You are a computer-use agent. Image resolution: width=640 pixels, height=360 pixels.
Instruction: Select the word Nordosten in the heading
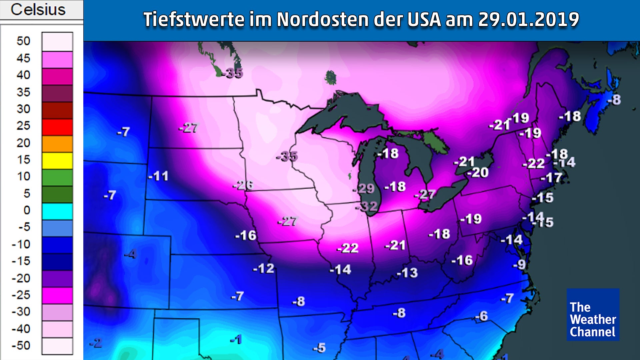point(322,19)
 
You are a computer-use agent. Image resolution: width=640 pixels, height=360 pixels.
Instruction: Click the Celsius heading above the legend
point(38,9)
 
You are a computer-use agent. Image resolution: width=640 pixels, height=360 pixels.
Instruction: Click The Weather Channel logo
point(593,314)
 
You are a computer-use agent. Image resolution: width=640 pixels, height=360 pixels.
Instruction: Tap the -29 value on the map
point(364,189)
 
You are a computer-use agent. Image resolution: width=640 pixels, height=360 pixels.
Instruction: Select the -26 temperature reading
point(243,185)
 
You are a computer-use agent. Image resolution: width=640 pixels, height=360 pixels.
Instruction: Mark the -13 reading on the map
point(407,273)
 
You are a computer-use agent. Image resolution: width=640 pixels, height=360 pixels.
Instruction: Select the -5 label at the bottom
point(319,348)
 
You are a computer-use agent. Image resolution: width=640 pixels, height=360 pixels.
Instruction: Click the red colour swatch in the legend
point(57,127)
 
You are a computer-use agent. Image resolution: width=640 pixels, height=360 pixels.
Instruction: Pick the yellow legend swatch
point(57,161)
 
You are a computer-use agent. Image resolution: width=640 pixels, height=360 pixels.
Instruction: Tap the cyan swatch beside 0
point(57,211)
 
